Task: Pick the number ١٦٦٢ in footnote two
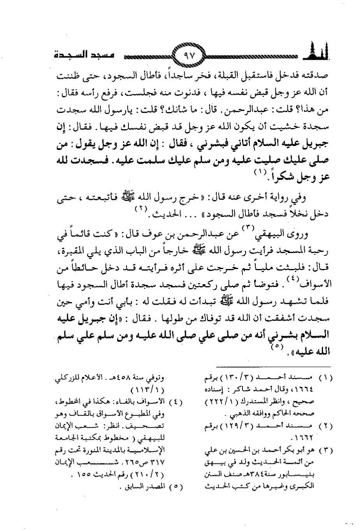click(x=317, y=437)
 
